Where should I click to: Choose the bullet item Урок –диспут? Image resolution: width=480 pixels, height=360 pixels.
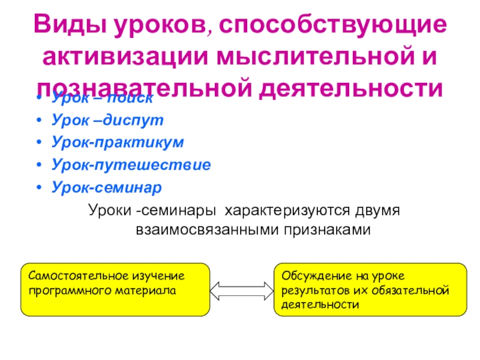click(x=107, y=120)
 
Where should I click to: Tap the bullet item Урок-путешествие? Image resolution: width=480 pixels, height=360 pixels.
click(x=130, y=164)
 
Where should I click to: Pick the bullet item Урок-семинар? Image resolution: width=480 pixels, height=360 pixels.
click(x=106, y=187)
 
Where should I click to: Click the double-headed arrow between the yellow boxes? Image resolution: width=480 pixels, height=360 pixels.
click(x=242, y=290)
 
